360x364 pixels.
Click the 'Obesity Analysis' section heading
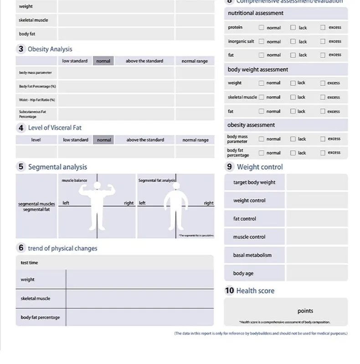tap(50, 49)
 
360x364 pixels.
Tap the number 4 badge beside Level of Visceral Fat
tap(21, 128)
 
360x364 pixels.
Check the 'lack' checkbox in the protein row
tap(293, 27)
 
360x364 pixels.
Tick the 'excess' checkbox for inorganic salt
tap(323, 41)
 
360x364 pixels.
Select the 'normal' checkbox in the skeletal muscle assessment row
tap(262, 97)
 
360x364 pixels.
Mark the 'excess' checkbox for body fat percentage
tap(323, 153)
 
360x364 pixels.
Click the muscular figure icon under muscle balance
tap(97, 205)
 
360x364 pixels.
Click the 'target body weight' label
tap(254, 182)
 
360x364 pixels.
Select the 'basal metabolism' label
tap(252, 255)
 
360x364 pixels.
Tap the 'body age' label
tap(243, 273)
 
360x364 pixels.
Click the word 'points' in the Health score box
tap(305, 311)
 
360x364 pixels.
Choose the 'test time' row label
tap(30, 263)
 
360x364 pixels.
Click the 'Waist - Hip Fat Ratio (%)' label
tap(37, 100)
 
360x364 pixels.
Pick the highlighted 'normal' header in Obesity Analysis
tap(103, 61)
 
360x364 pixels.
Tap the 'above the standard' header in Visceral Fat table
tap(145, 140)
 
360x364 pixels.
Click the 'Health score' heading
tap(255, 291)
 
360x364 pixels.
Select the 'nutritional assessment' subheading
tap(255, 13)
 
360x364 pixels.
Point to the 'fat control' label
tap(245, 219)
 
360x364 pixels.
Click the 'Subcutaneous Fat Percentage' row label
tap(32, 114)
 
